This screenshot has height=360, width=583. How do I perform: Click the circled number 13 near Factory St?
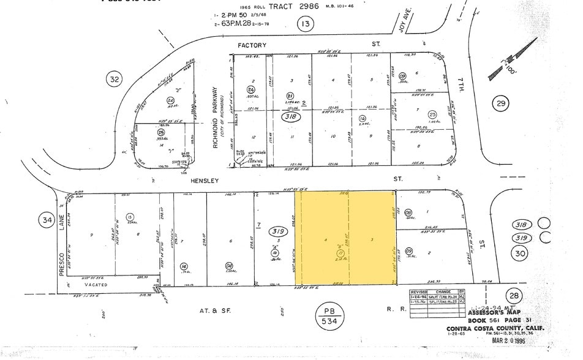coord(305,24)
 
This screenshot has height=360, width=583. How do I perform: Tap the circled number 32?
coord(114,79)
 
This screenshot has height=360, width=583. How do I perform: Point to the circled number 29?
coord(502,104)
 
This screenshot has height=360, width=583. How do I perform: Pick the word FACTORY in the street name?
coord(252,45)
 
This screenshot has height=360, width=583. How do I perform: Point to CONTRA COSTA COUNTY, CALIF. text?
coord(496,329)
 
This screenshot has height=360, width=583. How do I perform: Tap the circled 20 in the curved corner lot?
coord(171,100)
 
